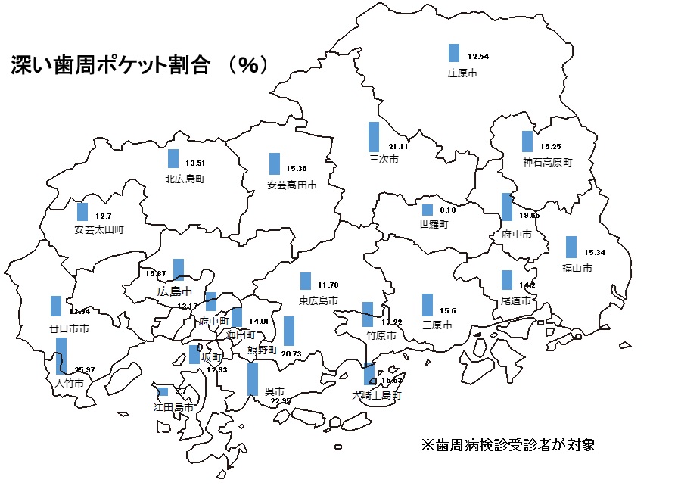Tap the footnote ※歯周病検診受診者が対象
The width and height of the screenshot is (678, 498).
tap(508, 444)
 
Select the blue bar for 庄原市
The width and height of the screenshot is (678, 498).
tap(454, 53)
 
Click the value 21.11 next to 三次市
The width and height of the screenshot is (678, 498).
tap(398, 146)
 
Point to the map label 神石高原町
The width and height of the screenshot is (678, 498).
tap(548, 162)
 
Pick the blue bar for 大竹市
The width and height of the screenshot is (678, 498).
tap(61, 356)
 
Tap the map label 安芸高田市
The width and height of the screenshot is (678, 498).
tap(291, 184)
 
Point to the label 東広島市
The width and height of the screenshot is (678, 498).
tap(318, 301)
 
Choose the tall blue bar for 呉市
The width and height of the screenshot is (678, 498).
tap(253, 379)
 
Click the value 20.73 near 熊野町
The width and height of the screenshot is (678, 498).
tap(291, 353)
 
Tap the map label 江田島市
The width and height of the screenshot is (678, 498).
tap(173, 406)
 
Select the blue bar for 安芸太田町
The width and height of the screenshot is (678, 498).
tap(82, 211)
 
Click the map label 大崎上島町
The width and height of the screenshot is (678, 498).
tap(376, 395)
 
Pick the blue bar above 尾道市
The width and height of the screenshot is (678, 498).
tap(506, 280)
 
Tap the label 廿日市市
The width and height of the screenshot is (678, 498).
tap(70, 329)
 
